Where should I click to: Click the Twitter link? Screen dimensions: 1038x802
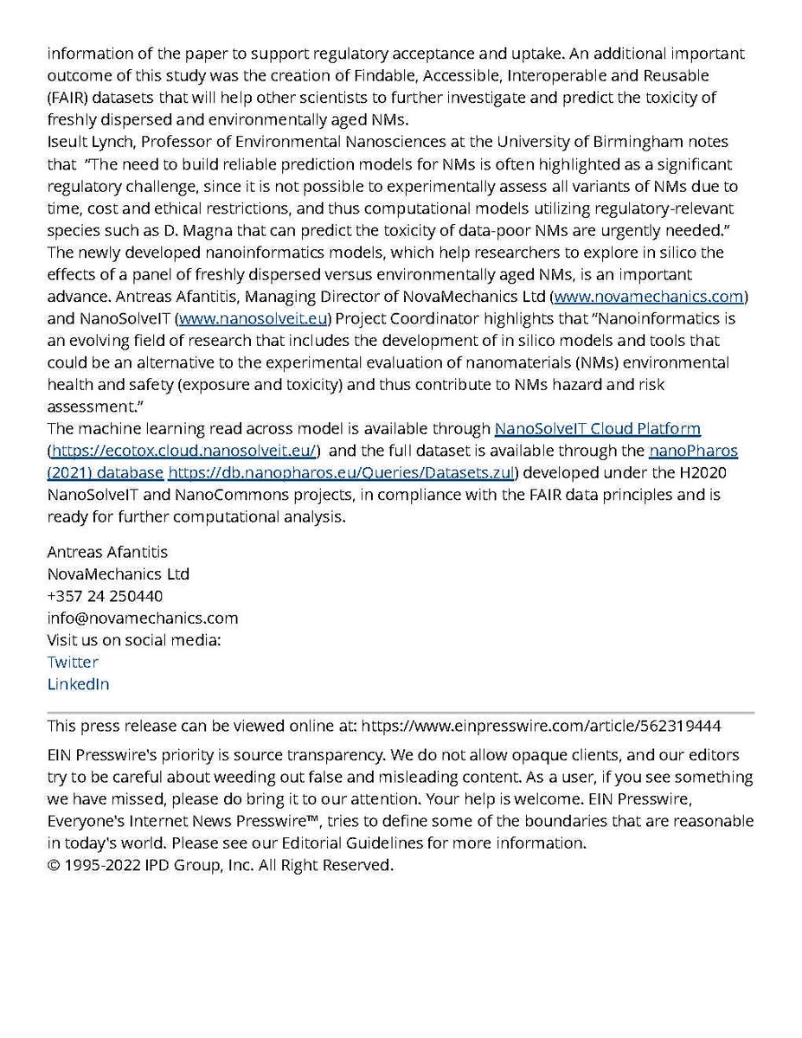click(x=73, y=662)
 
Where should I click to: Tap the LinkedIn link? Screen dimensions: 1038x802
click(x=78, y=684)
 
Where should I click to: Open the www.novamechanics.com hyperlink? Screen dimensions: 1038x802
click(x=649, y=297)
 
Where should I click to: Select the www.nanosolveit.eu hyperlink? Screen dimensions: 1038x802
click(x=253, y=319)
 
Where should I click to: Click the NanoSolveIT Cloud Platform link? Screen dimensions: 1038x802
click(x=597, y=428)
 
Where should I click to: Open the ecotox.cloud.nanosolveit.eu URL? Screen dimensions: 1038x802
click(x=185, y=451)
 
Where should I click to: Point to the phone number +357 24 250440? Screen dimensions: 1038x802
click(x=105, y=596)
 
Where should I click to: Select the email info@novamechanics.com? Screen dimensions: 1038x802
click(x=143, y=618)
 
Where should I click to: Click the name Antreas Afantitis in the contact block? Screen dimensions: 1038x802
click(x=107, y=552)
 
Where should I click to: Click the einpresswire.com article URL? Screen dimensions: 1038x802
click(x=541, y=726)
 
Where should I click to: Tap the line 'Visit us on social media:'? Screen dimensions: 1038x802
click(x=134, y=640)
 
